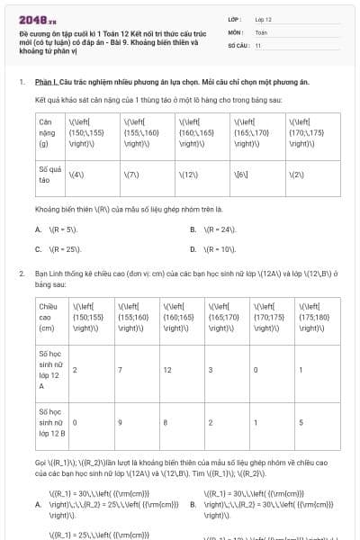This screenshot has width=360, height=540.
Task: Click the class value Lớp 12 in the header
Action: [x=264, y=18]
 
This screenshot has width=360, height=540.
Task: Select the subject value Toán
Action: [x=261, y=31]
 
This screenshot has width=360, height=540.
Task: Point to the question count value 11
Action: [x=258, y=44]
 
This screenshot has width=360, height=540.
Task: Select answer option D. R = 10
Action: [x=217, y=248]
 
